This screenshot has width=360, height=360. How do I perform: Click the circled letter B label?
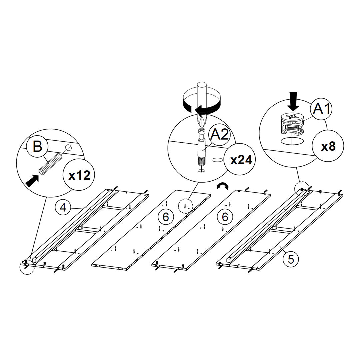click(38, 147)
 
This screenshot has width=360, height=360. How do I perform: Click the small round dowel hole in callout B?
click(68, 148)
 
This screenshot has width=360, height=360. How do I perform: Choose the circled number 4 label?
click(62, 208)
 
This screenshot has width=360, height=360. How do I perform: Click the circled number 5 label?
click(291, 259)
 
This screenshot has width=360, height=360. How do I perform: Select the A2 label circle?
click(219, 135)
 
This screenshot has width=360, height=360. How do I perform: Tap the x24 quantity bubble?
click(241, 160)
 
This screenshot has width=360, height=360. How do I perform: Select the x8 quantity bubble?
click(328, 147)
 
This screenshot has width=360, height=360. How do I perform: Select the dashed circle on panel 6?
click(185, 206)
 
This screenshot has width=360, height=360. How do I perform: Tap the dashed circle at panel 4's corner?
click(27, 267)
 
